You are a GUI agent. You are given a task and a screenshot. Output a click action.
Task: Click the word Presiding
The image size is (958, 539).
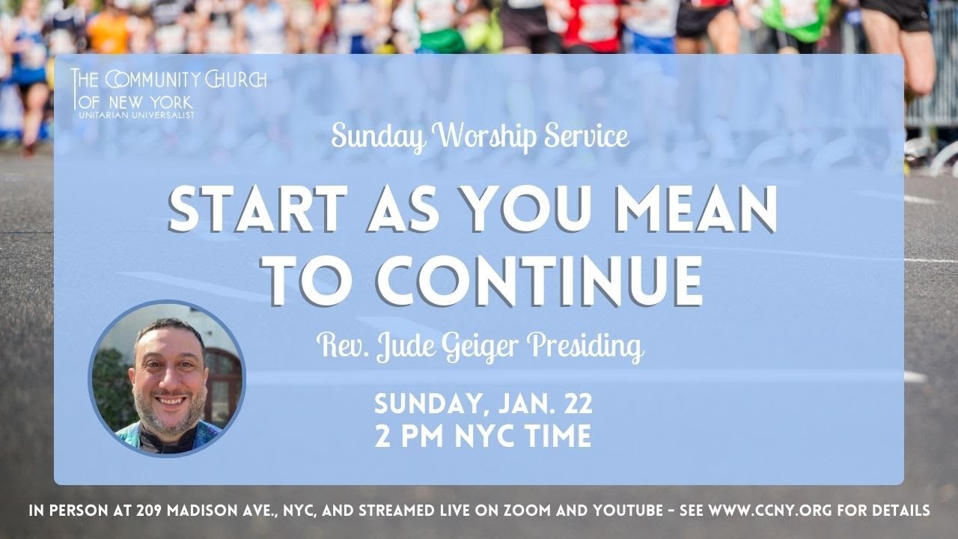point(585,347)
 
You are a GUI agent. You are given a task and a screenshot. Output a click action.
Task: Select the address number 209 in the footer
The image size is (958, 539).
point(153,512)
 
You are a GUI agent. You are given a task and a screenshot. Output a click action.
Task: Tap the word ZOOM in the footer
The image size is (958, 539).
point(528,512)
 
